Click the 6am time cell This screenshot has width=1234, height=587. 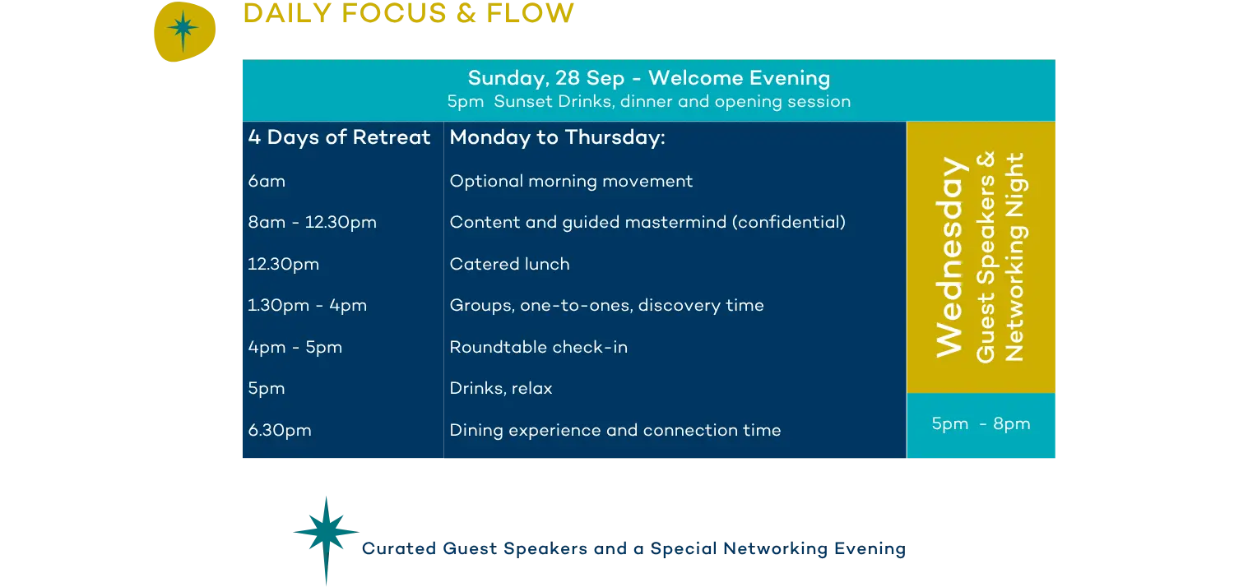coord(267,181)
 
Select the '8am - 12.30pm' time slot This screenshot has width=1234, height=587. coord(313,223)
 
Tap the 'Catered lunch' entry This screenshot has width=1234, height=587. coord(509,265)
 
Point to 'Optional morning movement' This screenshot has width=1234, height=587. coord(571,182)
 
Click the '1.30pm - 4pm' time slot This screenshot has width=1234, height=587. coord(308,306)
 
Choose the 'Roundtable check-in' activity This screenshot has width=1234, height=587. coord(539,347)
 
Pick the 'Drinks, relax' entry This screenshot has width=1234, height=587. coord(501,389)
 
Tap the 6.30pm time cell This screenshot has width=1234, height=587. coord(280,430)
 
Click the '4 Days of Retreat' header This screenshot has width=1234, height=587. coord(339,137)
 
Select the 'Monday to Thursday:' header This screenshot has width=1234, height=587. coord(558,137)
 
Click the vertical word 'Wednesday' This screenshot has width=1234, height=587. coord(950,257)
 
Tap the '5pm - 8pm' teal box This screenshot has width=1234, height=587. coord(981,425)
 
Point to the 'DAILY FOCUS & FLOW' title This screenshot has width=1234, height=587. coord(409,13)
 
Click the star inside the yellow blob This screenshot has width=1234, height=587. coord(183,30)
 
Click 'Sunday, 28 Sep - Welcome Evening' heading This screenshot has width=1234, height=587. coord(649,78)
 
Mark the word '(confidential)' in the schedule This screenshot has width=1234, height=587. coord(789,223)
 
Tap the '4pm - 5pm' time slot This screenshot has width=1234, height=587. coord(295,348)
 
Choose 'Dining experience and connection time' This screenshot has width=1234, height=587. coord(615,431)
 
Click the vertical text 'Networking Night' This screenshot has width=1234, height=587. coord(1014,257)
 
